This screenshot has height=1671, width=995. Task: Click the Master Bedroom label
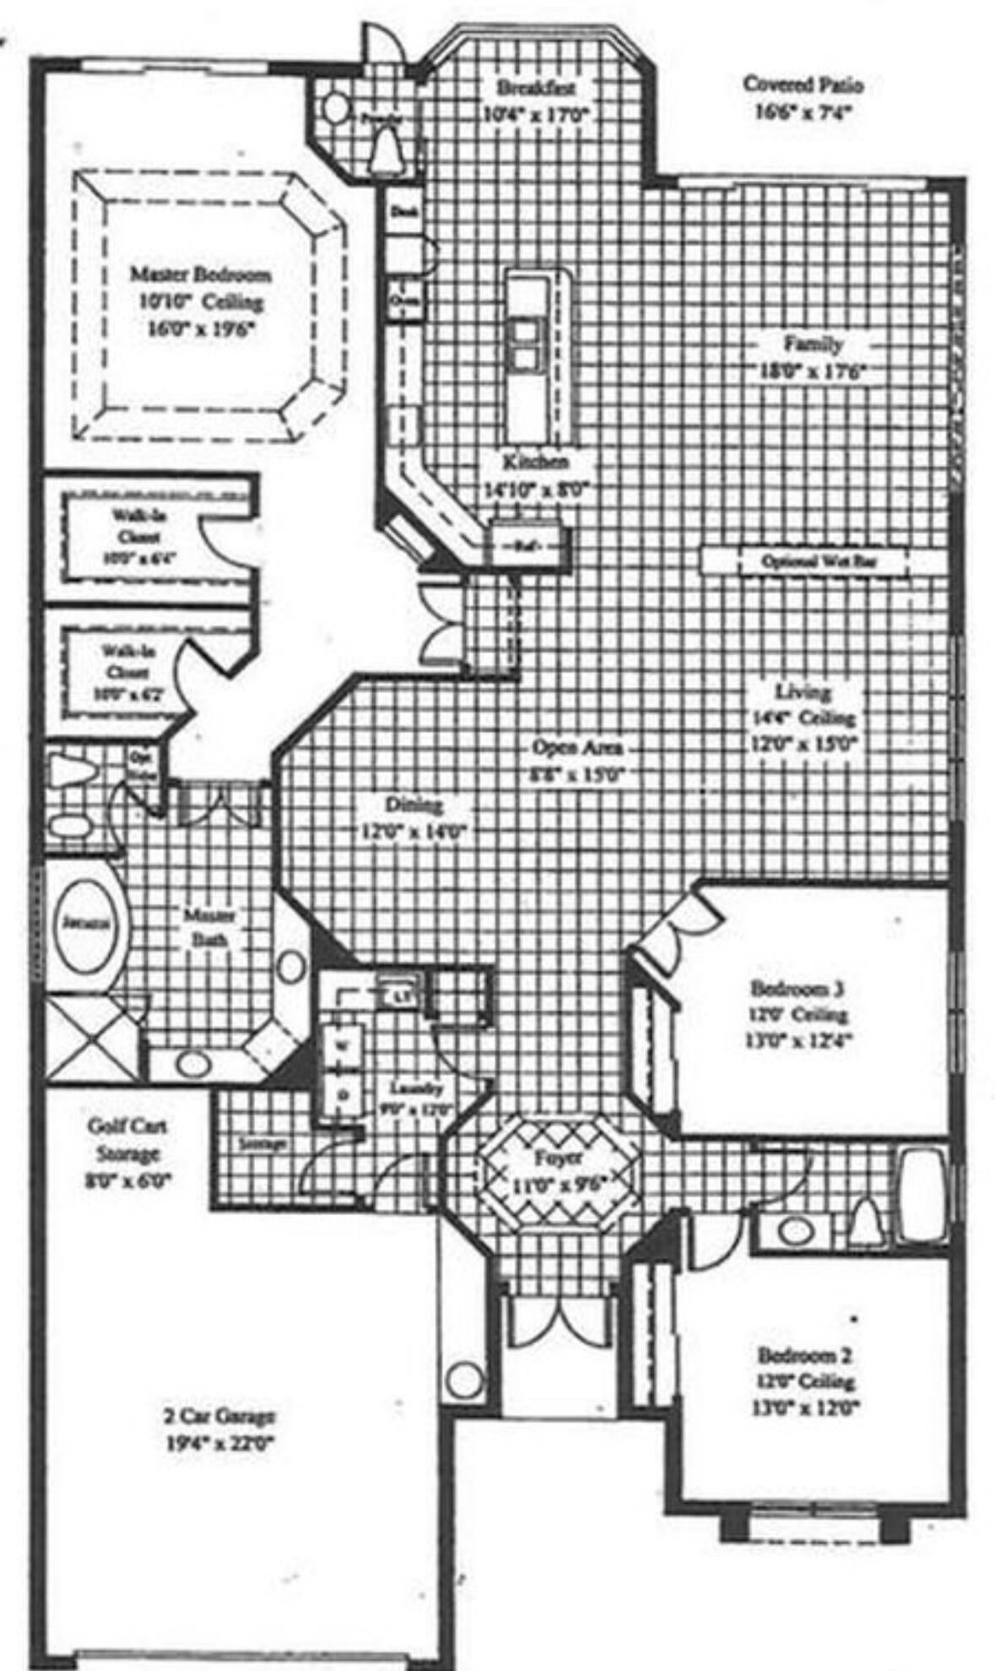pos(200,275)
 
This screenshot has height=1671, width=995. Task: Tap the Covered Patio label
pos(803,84)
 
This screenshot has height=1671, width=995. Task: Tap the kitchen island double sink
pos(523,343)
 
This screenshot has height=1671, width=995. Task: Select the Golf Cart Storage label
pos(127,1140)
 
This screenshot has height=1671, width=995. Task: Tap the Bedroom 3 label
pos(798,987)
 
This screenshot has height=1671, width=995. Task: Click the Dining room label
pos(414,804)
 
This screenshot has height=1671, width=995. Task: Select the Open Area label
pos(577,747)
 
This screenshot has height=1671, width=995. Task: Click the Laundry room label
pos(417,1089)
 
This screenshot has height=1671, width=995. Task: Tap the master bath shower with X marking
pos(91,1038)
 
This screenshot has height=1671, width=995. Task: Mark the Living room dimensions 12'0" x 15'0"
pos(803,746)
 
